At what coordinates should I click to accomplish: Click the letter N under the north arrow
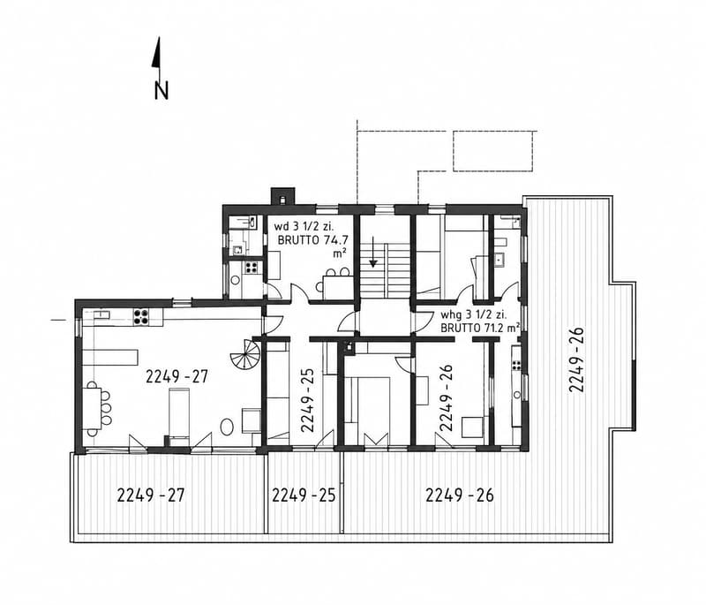[x=161, y=90]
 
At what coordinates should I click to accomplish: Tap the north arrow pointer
[x=157, y=53]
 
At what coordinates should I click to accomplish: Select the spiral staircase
[x=245, y=353]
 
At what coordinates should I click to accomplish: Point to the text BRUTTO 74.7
[x=313, y=240]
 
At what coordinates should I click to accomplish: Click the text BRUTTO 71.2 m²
[x=480, y=328]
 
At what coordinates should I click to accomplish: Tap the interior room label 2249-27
[x=177, y=376]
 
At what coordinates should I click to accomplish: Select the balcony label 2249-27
[x=151, y=495]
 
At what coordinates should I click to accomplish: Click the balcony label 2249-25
[x=304, y=495]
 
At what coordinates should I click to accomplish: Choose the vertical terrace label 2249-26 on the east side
[x=577, y=359]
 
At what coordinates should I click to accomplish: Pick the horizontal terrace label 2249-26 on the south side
[x=460, y=495]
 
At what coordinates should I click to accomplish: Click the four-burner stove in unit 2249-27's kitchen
[x=141, y=316]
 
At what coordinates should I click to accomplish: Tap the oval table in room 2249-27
[x=227, y=427]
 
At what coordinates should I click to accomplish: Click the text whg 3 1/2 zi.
[x=473, y=314]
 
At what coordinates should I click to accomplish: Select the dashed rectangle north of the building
[x=493, y=151]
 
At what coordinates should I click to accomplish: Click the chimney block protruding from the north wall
[x=282, y=196]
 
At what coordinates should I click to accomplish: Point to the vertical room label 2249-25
[x=307, y=400]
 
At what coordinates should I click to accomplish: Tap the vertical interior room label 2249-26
[x=446, y=397]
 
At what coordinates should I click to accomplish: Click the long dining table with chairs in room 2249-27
[x=96, y=408]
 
